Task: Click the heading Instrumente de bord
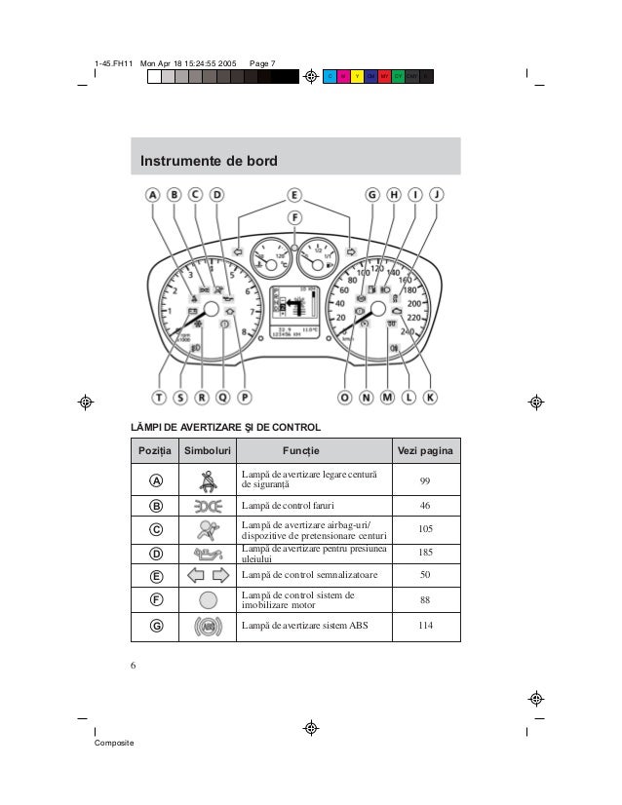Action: (x=209, y=160)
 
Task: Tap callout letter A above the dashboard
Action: (x=153, y=194)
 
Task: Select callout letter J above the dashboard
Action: (x=437, y=194)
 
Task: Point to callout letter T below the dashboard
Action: (x=158, y=397)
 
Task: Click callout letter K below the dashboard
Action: (x=431, y=397)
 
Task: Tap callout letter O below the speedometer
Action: (x=345, y=397)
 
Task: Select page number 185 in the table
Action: (x=425, y=553)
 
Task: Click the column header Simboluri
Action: (x=208, y=450)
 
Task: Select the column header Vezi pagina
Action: (x=425, y=450)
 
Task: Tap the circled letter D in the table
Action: (x=157, y=553)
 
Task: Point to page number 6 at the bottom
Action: (x=132, y=666)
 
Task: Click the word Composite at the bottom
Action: (x=114, y=744)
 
